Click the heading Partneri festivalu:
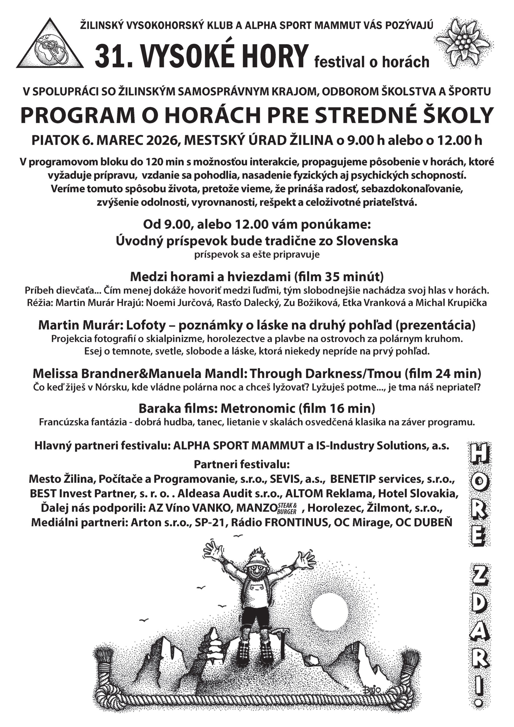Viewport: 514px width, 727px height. pyautogui.click(x=242, y=465)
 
